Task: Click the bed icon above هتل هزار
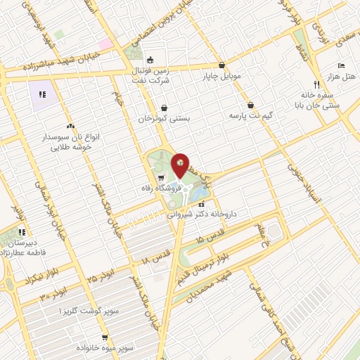pos(341,63)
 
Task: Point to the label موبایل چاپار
pos(222,75)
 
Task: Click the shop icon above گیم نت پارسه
pos(250,105)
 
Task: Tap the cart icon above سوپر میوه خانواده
pos(84,337)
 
